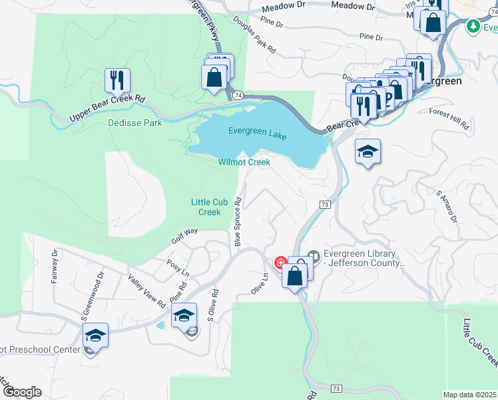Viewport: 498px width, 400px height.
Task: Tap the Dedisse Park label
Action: click(x=135, y=123)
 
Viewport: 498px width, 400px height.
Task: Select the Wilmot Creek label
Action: click(x=244, y=162)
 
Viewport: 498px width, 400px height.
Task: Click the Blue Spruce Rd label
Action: click(x=237, y=221)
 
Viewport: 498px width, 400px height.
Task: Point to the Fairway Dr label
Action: click(x=55, y=267)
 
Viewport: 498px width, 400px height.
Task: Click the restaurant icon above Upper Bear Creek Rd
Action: click(x=117, y=80)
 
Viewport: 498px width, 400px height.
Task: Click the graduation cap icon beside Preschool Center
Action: click(x=96, y=337)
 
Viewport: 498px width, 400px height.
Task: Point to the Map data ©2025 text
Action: click(x=470, y=395)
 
